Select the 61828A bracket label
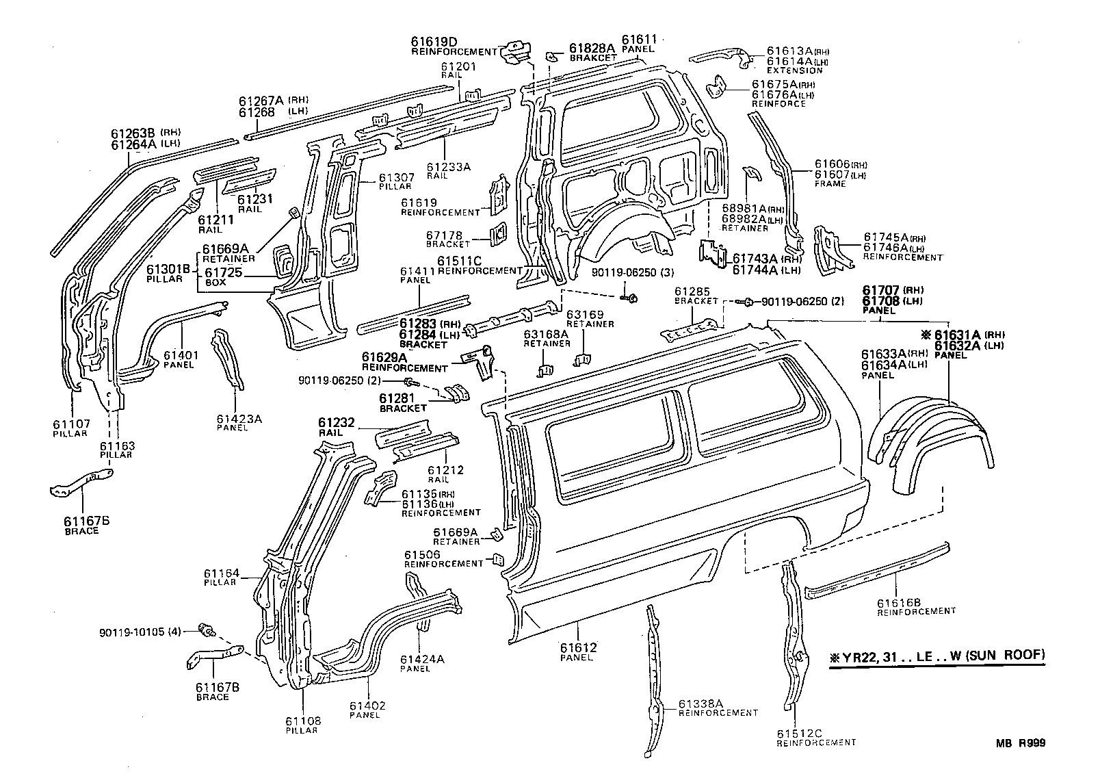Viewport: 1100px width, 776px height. pyautogui.click(x=592, y=49)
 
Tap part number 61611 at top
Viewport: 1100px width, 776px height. pyautogui.click(x=638, y=40)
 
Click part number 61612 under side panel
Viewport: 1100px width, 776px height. pyautogui.click(x=578, y=647)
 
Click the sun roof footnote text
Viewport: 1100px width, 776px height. pyautogui.click(x=937, y=656)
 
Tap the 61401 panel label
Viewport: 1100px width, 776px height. pyautogui.click(x=180, y=355)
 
